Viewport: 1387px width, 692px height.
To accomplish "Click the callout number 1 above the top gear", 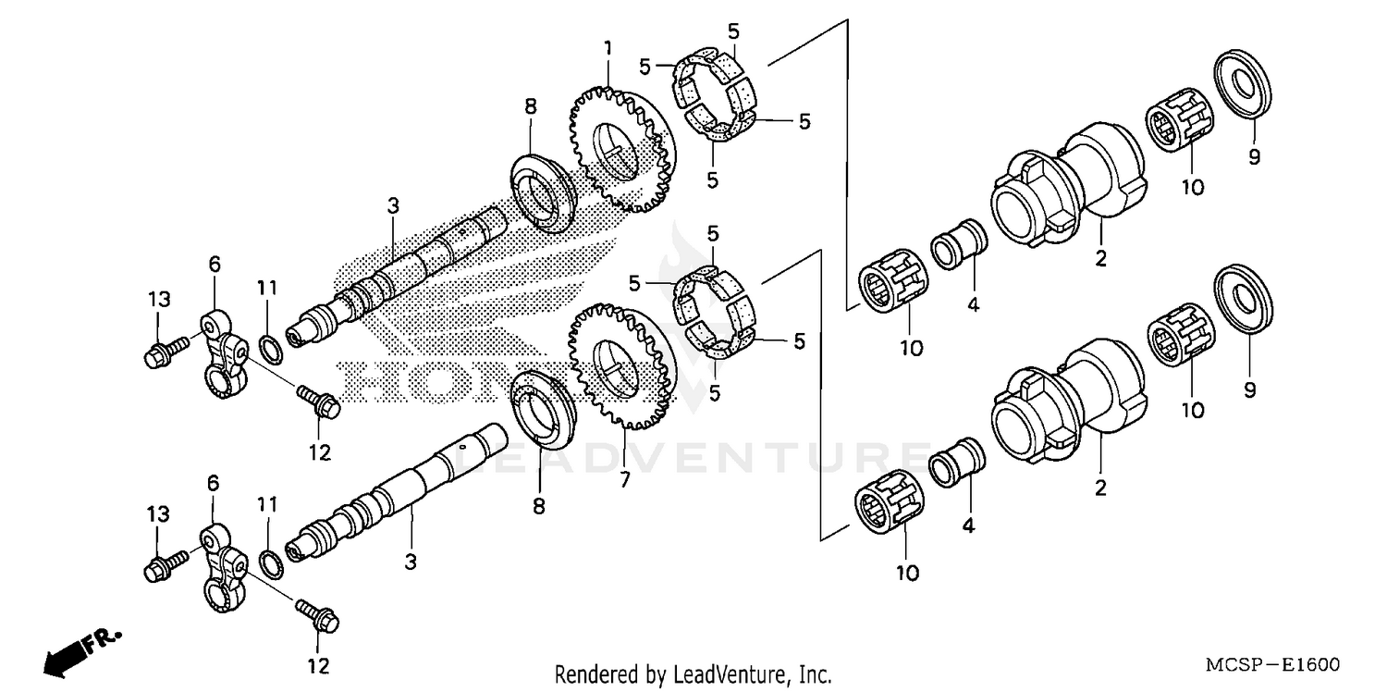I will pos(608,47).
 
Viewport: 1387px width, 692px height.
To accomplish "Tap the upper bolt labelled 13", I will pos(164,352).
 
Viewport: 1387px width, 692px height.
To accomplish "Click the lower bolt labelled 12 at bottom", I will pos(318,614).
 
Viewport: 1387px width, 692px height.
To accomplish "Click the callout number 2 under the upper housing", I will pos(1100,259).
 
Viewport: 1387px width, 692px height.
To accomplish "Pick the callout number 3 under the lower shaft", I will pos(411,561).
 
